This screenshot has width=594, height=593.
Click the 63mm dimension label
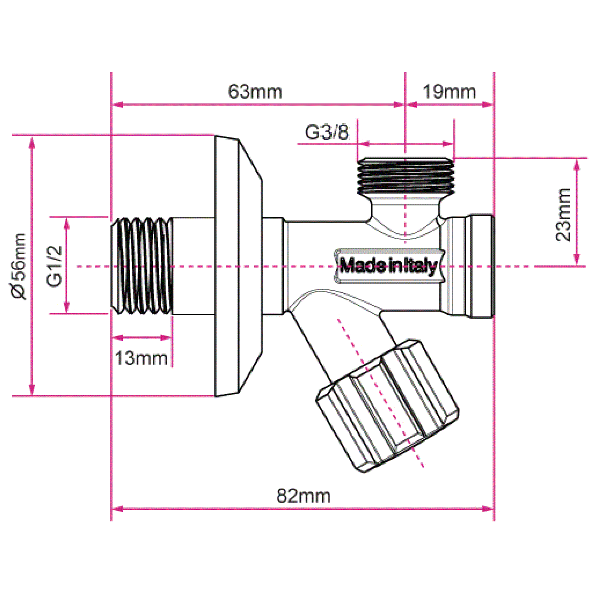[x=255, y=92]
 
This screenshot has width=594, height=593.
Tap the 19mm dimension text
[x=449, y=92]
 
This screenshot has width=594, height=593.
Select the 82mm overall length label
[x=303, y=496]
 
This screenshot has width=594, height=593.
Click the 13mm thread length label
[x=141, y=358]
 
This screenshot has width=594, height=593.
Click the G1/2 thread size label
[x=54, y=266]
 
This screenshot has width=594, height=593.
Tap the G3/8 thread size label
[x=327, y=132]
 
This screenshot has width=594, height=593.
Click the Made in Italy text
[x=388, y=265]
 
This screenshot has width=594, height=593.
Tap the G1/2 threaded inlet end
[x=142, y=266]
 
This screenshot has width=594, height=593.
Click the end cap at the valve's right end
[x=481, y=266]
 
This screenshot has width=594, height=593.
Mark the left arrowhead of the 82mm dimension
[x=117, y=509]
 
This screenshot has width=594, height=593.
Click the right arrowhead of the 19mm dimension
[x=488, y=105]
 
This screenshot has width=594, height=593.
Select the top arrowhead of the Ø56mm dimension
[x=32, y=142]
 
